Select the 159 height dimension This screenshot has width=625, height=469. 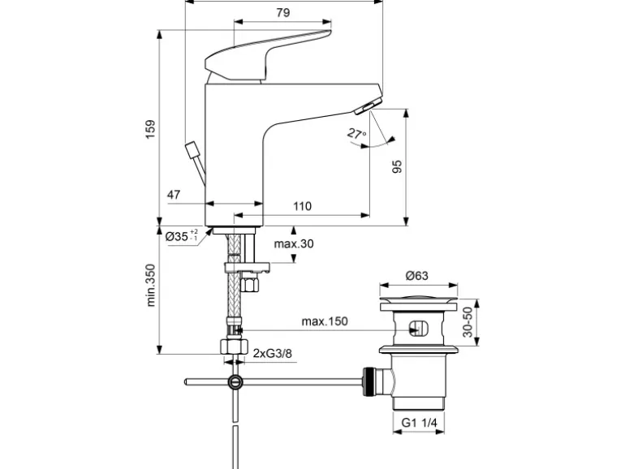[x=149, y=130]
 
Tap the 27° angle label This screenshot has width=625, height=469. [x=356, y=133]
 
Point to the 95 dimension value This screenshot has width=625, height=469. [x=397, y=168]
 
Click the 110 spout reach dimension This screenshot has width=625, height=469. [x=302, y=207]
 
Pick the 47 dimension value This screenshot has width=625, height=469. [x=175, y=195]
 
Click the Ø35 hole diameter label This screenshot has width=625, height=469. [x=179, y=237]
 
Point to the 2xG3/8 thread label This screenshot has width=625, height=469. [x=271, y=353]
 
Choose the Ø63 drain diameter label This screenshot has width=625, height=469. [x=416, y=276]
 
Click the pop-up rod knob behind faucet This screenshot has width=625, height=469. [x=192, y=150]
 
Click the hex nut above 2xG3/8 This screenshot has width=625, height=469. [x=234, y=346]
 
